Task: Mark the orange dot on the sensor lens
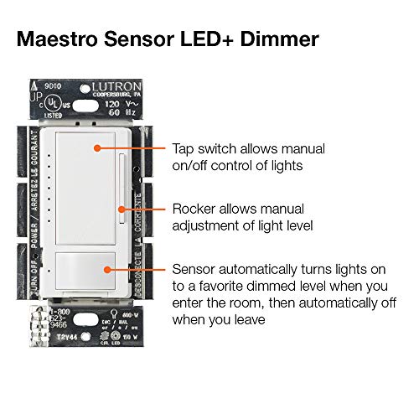[x=106, y=269]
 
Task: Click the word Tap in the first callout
[x=184, y=147]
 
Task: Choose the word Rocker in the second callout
[x=194, y=208]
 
